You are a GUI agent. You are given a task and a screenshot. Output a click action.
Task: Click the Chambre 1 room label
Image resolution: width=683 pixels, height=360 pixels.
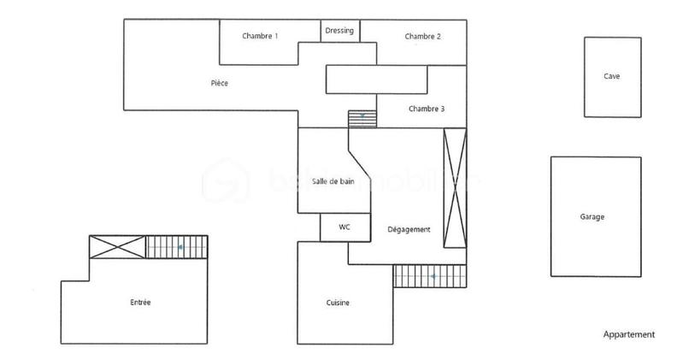tap(260, 36)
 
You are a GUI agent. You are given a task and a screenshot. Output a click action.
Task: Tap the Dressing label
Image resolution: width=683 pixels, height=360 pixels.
tap(339, 31)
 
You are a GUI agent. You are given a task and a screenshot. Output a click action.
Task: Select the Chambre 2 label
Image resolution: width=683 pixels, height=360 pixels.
tap(423, 36)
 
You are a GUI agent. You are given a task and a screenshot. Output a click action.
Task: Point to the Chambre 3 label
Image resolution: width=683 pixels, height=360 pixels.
tap(426, 109)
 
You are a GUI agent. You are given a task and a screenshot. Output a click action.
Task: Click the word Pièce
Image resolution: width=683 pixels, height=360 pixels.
tap(220, 83)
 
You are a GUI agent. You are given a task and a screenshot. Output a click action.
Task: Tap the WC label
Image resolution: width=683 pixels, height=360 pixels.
tap(344, 227)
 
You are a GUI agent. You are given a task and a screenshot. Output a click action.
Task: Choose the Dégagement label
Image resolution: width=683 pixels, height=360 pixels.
tap(409, 230)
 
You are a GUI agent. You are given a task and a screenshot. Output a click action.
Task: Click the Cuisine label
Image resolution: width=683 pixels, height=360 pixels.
tap(338, 303)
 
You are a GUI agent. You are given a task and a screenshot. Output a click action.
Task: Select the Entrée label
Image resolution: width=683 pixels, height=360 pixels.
tap(141, 303)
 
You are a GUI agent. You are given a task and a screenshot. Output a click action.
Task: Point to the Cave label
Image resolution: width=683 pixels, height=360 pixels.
tap(611, 76)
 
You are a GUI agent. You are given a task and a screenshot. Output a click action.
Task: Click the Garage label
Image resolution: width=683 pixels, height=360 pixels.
tap(592, 217)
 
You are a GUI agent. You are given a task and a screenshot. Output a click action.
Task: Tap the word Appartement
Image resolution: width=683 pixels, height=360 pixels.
tap(629, 334)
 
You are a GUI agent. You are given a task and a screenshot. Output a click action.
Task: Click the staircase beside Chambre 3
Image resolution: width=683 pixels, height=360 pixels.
tap(362, 118)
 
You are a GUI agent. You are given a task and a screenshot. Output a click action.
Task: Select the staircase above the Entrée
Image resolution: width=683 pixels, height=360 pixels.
tap(177, 247)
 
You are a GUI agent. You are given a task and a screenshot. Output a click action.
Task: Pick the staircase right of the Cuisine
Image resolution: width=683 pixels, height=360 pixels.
tap(430, 276)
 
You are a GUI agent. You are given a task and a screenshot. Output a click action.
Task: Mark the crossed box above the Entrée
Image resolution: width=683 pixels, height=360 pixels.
tap(117, 247)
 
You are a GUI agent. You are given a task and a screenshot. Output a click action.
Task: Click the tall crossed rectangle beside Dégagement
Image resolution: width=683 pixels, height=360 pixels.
tap(455, 186)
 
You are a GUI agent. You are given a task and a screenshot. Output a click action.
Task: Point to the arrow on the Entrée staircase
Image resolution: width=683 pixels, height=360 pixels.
tap(180, 247)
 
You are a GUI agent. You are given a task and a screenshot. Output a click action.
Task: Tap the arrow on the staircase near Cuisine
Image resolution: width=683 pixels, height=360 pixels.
tap(433, 276)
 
